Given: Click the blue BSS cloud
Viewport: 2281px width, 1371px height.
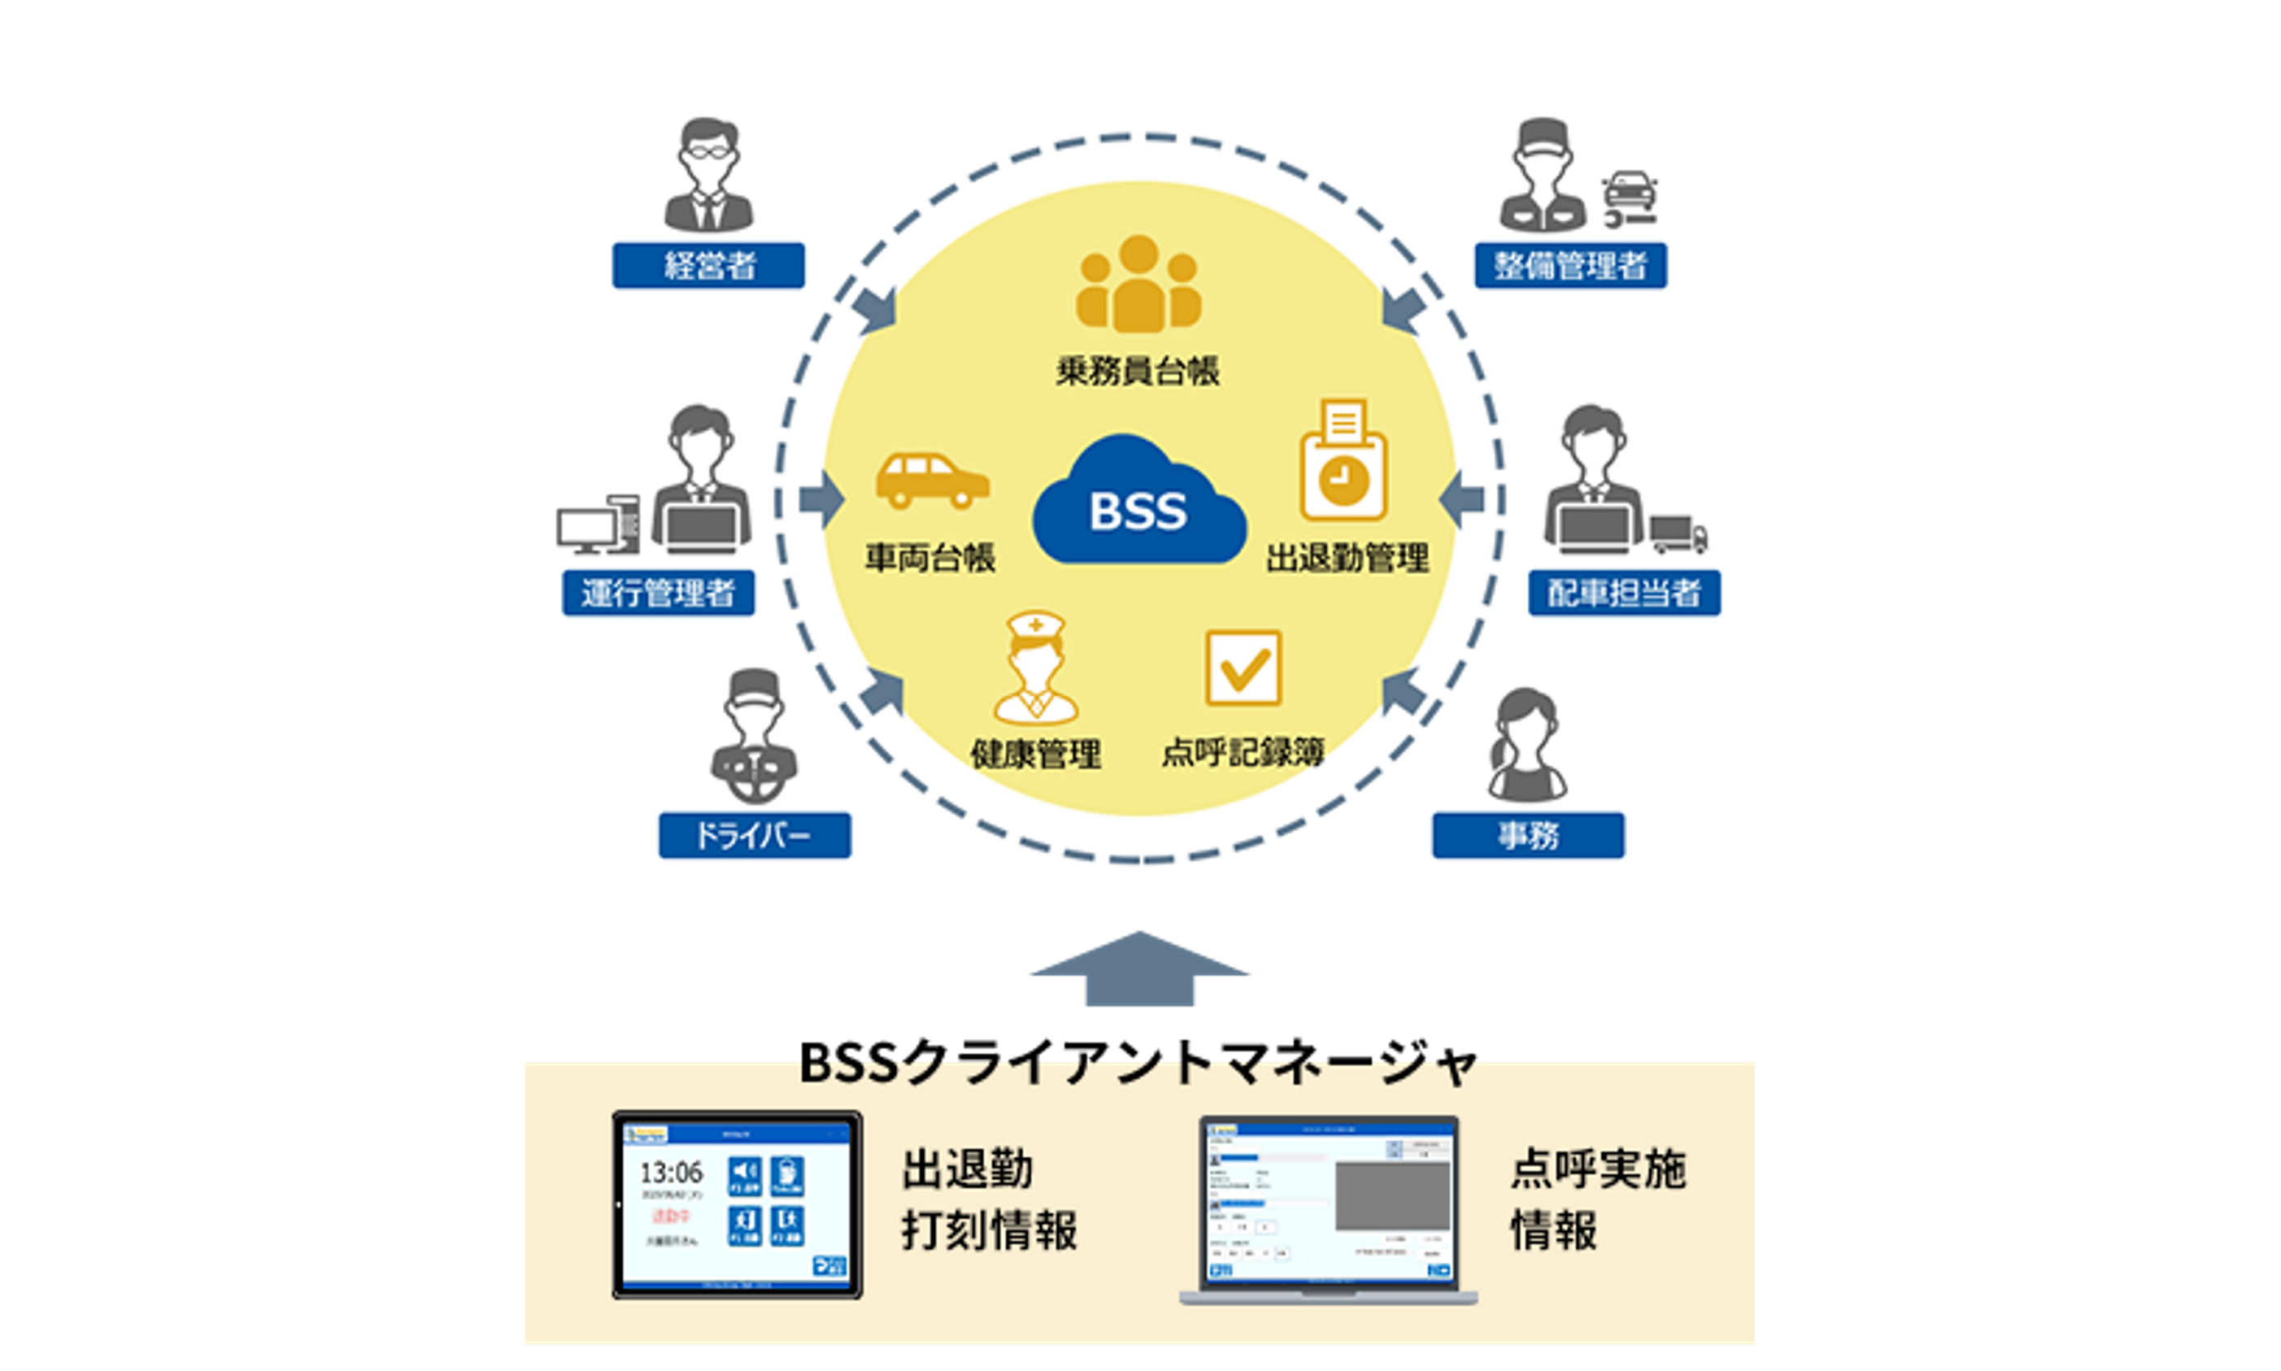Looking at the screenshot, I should (x=1138, y=503).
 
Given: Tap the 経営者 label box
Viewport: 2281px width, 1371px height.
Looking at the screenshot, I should (x=707, y=266).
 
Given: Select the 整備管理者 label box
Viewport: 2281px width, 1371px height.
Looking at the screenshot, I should (x=1569, y=266).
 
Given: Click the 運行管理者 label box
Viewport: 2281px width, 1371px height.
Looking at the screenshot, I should (x=658, y=592).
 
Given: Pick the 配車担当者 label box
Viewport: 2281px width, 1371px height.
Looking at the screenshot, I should (x=1623, y=592).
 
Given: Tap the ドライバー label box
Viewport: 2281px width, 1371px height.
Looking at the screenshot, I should (x=754, y=835).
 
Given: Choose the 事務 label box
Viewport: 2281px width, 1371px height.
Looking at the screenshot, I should (x=1527, y=835).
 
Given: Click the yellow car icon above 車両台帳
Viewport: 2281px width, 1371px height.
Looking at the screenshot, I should (x=931, y=481).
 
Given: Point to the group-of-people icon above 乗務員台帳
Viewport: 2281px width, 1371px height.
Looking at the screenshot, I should (x=1138, y=285).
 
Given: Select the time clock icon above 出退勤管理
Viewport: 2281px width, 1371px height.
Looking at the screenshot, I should (x=1343, y=462).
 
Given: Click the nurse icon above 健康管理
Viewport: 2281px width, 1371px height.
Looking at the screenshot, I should (x=1034, y=667).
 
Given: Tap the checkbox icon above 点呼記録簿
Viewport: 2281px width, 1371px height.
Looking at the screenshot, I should (x=1243, y=668).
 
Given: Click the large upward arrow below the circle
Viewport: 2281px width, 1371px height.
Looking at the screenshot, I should (x=1139, y=970).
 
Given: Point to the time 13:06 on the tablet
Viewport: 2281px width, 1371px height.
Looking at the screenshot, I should (x=671, y=1173).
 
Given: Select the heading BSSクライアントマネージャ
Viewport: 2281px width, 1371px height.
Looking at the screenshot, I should (x=1138, y=1063).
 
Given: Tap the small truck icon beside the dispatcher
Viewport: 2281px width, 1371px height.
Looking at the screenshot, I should (x=1678, y=533).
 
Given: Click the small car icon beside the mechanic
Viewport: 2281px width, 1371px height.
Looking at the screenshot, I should (x=1630, y=192).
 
